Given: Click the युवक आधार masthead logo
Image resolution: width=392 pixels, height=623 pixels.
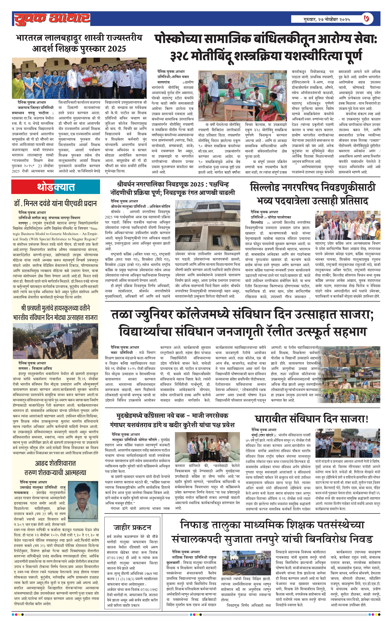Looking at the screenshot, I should tap(52, 19).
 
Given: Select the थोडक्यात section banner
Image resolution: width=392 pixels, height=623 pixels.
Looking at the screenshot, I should tap(56, 187).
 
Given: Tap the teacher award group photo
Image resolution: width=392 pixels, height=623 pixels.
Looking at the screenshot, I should tap(79, 78).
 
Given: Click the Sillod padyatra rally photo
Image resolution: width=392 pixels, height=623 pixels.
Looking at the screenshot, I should tap(347, 225).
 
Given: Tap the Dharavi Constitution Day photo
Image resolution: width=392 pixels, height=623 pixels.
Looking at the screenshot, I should tap(347, 443).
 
